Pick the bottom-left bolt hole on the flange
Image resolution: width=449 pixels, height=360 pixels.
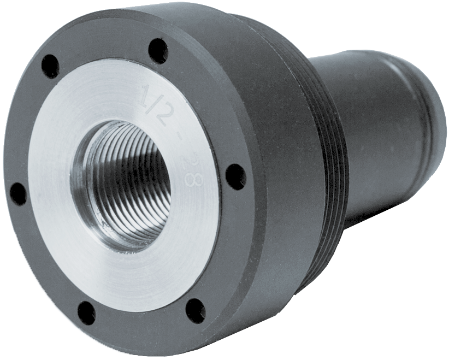point(86,311)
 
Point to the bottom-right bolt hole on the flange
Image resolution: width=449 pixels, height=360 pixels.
point(196,309)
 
